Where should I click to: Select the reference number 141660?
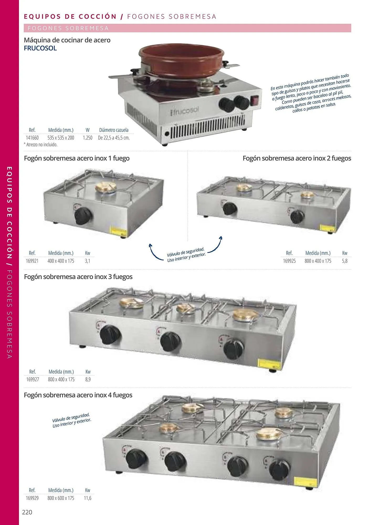[x=32, y=138]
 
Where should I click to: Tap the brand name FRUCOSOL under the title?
[x=40, y=48]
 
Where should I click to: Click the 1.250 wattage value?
[x=87, y=138]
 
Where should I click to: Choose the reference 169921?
[x=32, y=261]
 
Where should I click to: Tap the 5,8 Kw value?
[x=345, y=261]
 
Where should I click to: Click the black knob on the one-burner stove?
[x=83, y=216]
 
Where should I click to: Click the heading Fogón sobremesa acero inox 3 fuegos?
[x=78, y=277]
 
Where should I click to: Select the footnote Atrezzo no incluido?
[x=41, y=145]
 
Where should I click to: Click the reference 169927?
[x=33, y=379]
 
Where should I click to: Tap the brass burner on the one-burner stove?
[x=104, y=187]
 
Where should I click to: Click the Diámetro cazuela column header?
[x=114, y=130]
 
